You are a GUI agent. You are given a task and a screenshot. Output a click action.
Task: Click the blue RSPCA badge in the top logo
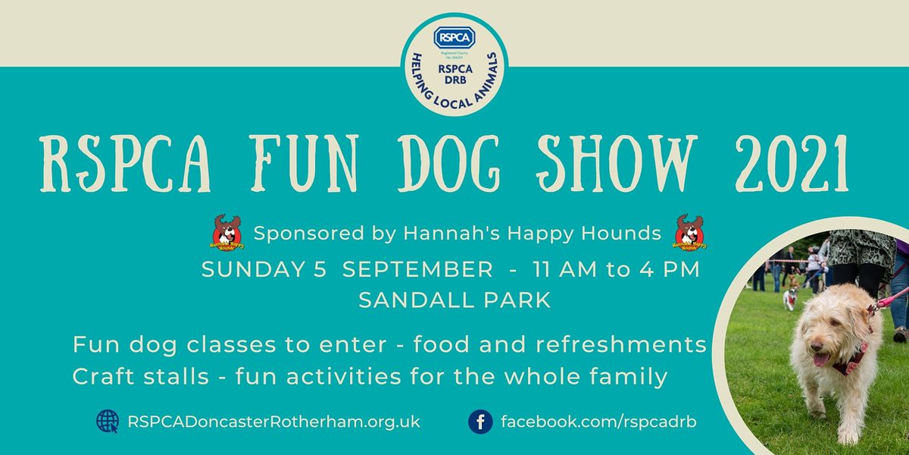click(x=454, y=37)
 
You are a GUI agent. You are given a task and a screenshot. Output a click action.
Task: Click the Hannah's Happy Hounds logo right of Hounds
click(x=689, y=233)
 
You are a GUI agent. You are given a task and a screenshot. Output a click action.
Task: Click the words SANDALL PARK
click(x=454, y=300)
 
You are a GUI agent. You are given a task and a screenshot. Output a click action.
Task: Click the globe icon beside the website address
click(x=107, y=421)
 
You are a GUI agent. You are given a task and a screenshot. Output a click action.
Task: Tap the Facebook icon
click(x=480, y=421)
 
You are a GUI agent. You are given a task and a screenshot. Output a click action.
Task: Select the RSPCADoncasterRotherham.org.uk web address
click(x=274, y=422)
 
